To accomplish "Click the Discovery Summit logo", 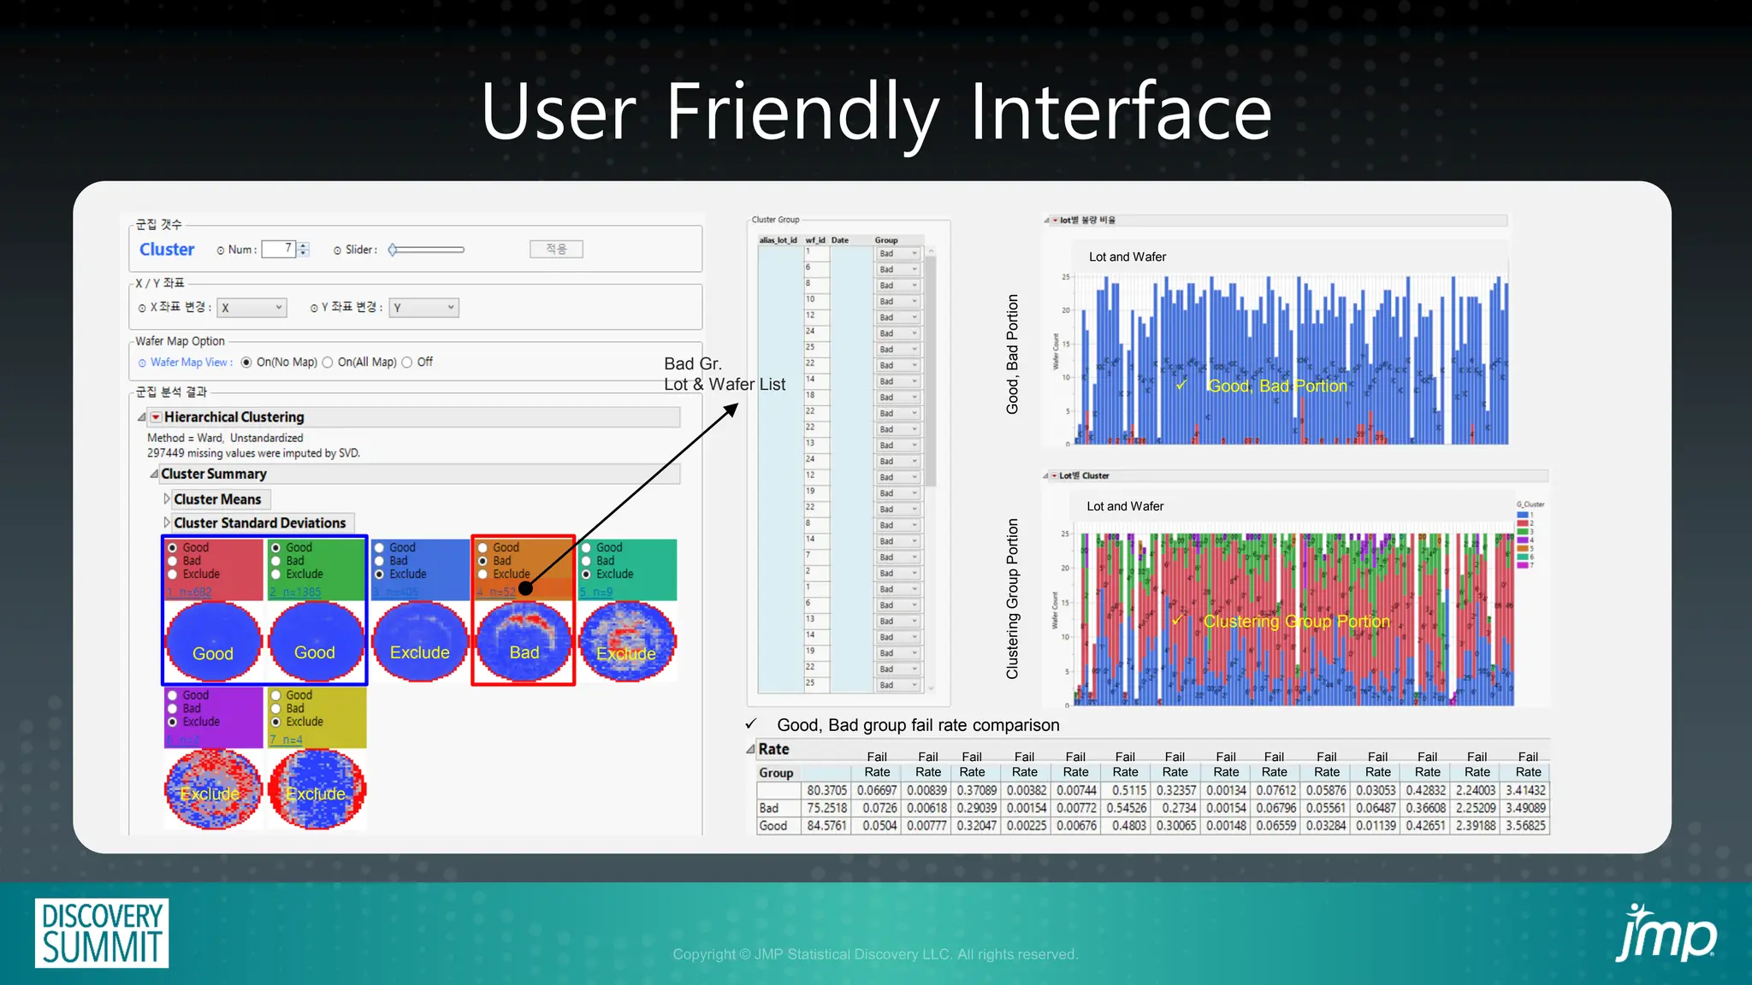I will (102, 932).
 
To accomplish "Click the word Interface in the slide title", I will (1120, 112).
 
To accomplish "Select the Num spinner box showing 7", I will (279, 249).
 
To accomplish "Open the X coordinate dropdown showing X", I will (252, 308).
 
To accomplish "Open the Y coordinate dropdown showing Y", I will (423, 308).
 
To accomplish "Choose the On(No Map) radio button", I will (246, 363).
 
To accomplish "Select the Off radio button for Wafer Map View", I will (407, 363).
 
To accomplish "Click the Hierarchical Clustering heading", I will (234, 417).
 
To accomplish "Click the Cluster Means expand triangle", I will (167, 499).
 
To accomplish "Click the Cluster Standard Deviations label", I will (259, 523).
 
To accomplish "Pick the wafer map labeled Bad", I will (524, 641).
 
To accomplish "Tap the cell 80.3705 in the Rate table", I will (826, 791).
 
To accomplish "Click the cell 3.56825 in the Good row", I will (1526, 826).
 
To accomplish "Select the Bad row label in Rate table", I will (769, 808).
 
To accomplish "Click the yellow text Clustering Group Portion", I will (1296, 622).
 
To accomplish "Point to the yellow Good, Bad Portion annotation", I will (1276, 386).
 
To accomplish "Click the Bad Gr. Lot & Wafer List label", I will (724, 375).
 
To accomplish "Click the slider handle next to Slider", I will (393, 250).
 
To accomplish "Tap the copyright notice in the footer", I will (874, 954).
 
